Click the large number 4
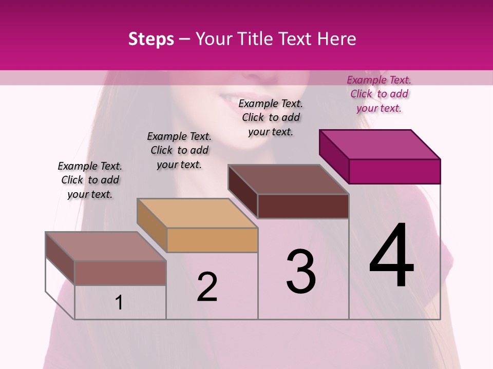click(392, 256)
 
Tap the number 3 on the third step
click(301, 271)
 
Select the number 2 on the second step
click(207, 287)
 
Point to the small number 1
click(119, 303)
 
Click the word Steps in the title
click(151, 39)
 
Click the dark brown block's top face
click(289, 179)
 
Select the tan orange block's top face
click(197, 213)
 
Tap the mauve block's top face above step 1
click(106, 247)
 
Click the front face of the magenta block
click(394, 171)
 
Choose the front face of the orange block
click(212, 240)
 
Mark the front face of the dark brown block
click(303, 206)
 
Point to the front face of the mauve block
click(120, 273)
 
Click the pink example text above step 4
click(379, 94)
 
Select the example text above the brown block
click(271, 117)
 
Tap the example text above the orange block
click(179, 150)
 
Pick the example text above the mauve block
click(90, 180)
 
